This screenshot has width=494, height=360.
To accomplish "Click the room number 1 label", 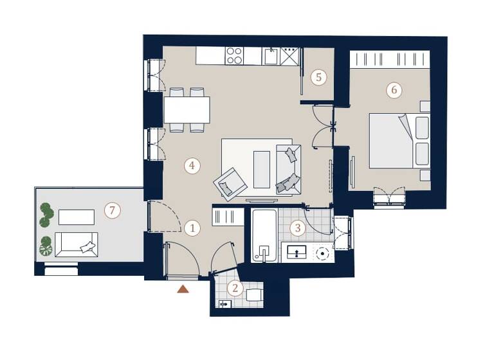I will pyautogui.click(x=191, y=227).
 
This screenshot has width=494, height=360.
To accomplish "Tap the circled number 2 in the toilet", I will pyautogui.click(x=235, y=289).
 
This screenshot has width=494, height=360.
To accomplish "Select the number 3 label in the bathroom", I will pyautogui.click(x=297, y=227).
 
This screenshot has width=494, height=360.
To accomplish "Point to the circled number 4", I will pyautogui.click(x=191, y=166).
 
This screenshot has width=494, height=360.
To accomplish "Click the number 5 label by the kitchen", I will pyautogui.click(x=318, y=77).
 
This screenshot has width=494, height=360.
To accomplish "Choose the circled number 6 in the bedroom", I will pyautogui.click(x=394, y=90).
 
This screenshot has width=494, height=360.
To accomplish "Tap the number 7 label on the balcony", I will pyautogui.click(x=112, y=210).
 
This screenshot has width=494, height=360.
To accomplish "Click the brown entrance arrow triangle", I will pyautogui.click(x=183, y=289).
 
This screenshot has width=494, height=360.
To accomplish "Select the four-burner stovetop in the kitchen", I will pyautogui.click(x=235, y=56).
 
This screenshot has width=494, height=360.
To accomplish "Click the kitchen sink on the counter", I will pyautogui.click(x=271, y=57).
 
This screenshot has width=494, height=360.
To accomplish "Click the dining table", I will pyautogui.click(x=187, y=109).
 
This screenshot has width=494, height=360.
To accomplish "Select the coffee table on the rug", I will pyautogui.click(x=262, y=169).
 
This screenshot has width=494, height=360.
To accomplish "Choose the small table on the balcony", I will pyautogui.click(x=77, y=217).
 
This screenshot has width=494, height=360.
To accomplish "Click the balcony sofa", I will pyautogui.click(x=76, y=244).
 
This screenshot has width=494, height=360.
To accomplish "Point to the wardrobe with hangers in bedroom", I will pyautogui.click(x=390, y=59).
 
